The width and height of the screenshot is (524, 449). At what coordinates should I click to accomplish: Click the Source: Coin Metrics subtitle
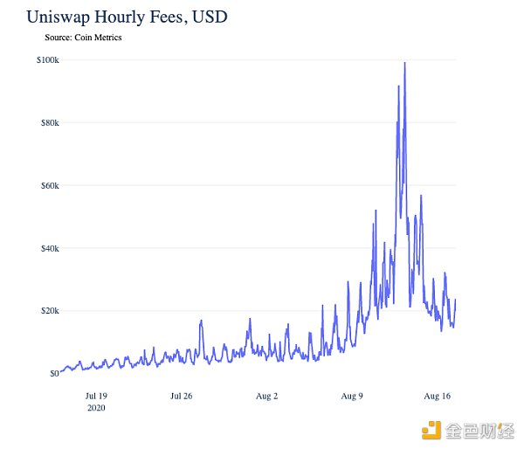click(83, 38)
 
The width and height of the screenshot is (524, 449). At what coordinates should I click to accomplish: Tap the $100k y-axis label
click(47, 59)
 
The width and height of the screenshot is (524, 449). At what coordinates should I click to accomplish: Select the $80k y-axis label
click(49, 122)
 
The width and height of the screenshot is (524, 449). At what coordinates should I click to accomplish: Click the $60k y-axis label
click(49, 185)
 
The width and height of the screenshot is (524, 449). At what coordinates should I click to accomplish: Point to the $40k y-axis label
click(49, 248)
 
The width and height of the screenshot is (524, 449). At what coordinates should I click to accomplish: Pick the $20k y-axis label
click(49, 311)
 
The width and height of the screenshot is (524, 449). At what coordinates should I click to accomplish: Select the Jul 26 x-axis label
click(181, 396)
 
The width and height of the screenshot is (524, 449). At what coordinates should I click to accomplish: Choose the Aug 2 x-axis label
click(266, 396)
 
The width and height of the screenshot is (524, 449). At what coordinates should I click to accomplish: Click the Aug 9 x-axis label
click(352, 396)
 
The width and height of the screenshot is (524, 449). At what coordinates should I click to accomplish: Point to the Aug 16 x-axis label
click(437, 396)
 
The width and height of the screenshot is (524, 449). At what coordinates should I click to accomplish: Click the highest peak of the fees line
click(404, 63)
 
